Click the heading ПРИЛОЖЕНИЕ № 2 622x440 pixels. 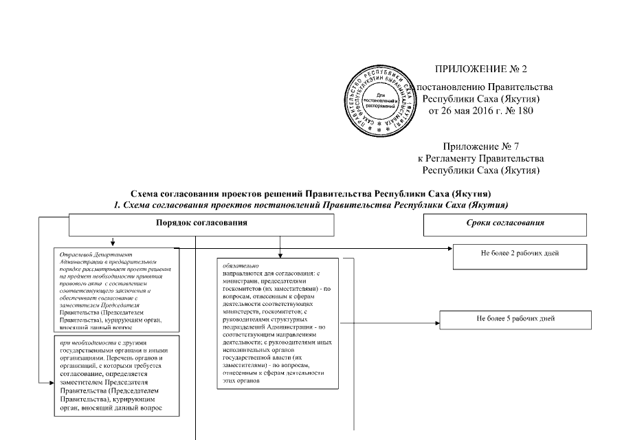pos(480,69)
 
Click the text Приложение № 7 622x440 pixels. pos(480,146)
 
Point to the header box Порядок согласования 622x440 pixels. pos(201,224)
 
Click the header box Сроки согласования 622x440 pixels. pos(504,224)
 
